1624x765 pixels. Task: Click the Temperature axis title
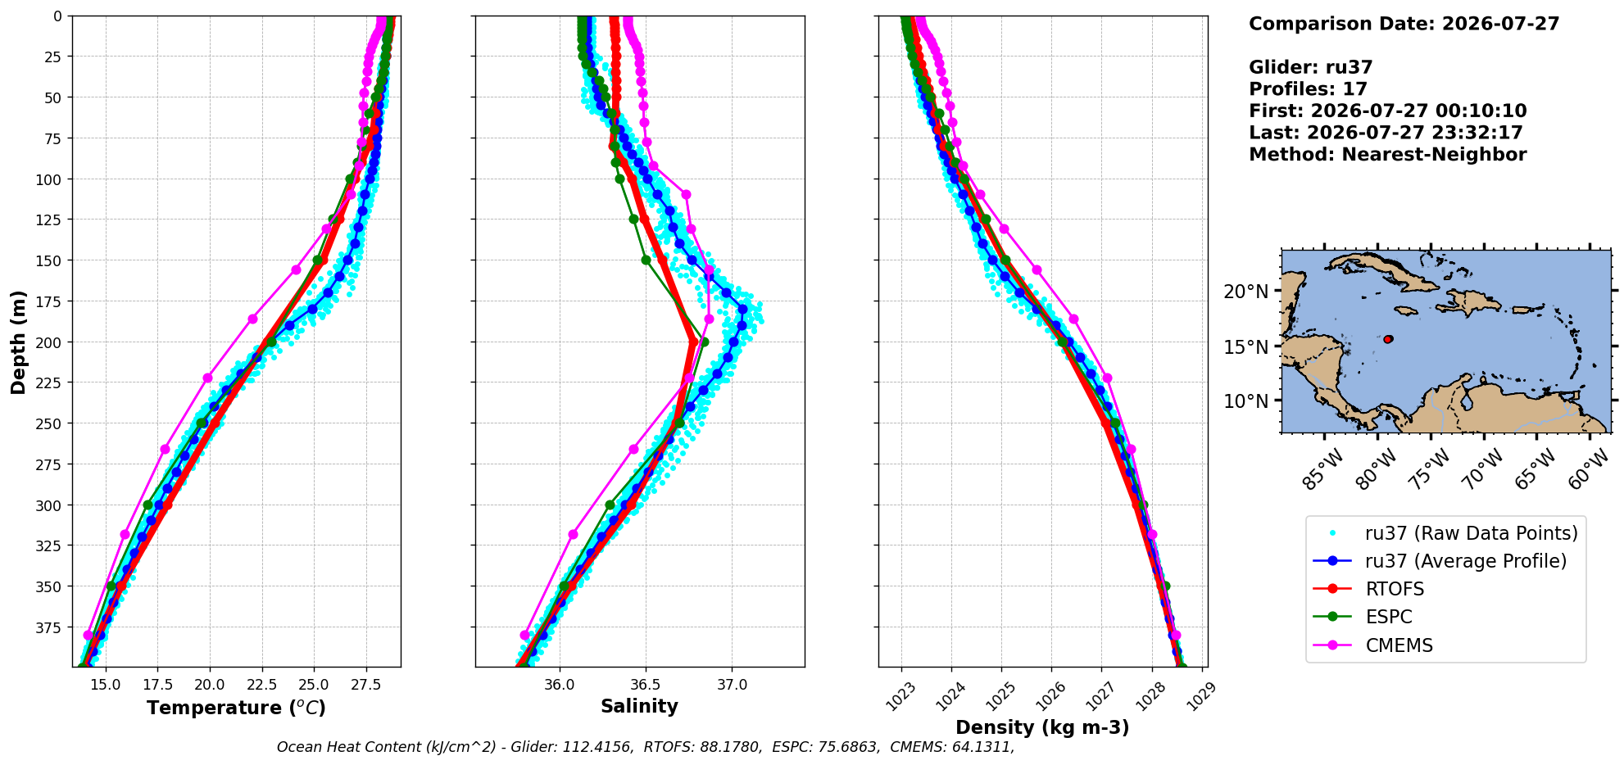[236, 708]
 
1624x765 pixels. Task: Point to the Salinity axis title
[639, 706]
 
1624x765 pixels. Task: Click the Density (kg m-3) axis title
[1042, 727]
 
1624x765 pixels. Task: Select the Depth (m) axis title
[18, 342]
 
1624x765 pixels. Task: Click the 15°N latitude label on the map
[1245, 347]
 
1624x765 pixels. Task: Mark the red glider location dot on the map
[1388, 339]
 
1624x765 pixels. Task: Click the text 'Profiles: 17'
[1308, 89]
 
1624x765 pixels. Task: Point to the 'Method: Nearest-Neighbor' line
[1387, 155]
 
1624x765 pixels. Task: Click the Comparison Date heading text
[1404, 24]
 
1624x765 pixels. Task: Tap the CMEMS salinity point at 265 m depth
[633, 449]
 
